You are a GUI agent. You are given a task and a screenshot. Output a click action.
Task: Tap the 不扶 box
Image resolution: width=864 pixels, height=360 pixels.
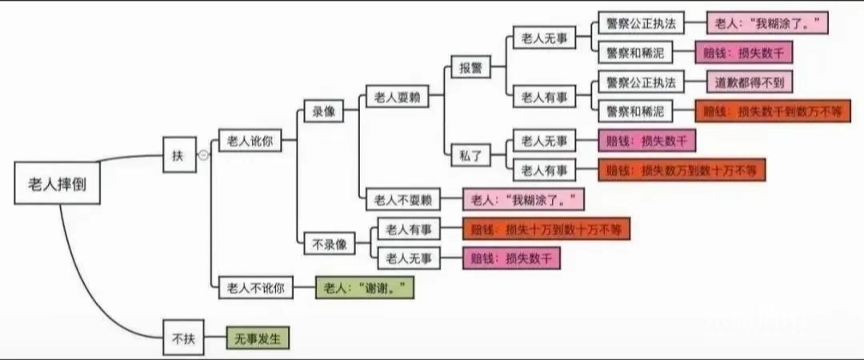178,338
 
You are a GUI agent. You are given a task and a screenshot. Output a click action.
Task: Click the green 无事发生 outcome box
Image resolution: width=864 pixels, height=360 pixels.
257,338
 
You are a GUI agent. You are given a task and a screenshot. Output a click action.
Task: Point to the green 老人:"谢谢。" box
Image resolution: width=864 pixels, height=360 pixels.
365,286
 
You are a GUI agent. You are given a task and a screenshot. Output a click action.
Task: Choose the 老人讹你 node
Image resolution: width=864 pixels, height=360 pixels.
250,141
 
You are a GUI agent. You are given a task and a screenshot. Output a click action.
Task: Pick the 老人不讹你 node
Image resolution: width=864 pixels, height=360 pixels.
256,286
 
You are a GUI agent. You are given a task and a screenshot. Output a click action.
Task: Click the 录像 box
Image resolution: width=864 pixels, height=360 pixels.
323,114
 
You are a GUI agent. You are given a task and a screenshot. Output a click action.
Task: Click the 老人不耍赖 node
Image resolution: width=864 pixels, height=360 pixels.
402,198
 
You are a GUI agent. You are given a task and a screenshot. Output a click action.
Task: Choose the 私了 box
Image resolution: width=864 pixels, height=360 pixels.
470,156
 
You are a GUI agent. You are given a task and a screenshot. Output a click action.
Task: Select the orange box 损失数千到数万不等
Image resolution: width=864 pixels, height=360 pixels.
772,111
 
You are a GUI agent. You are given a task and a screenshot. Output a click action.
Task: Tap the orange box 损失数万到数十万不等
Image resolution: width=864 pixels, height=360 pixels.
682,170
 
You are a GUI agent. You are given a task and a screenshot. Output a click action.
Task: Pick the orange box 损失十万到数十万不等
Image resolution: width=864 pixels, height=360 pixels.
546,230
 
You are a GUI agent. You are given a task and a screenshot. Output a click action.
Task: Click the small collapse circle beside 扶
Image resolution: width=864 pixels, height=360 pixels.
203,156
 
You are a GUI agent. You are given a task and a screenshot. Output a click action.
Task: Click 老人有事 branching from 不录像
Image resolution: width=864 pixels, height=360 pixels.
408,230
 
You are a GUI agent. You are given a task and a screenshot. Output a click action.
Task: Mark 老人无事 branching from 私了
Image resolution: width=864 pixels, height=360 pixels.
544,141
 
